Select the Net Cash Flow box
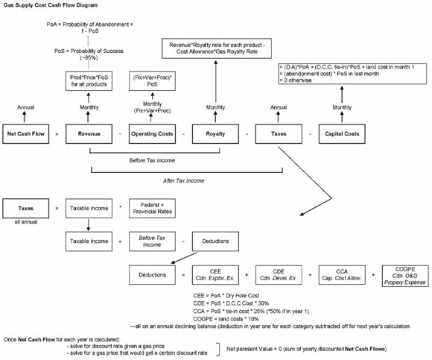29,134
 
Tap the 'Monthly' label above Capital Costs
342,107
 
